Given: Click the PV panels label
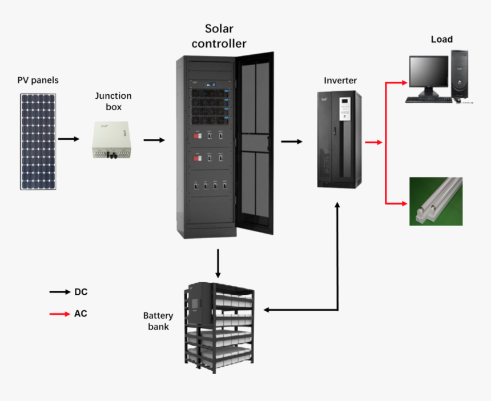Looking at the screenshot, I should click(38, 80).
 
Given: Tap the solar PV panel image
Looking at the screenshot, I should click(39, 141).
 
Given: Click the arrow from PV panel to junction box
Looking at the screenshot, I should click(69, 139).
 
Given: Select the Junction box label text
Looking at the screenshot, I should click(113, 101).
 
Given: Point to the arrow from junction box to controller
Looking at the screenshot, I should click(154, 139).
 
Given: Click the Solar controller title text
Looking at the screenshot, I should click(219, 36).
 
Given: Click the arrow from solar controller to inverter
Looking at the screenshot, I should click(292, 141).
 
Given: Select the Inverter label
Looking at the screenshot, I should click(340, 81).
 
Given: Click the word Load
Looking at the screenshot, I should click(441, 39).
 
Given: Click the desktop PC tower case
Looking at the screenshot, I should click(460, 74).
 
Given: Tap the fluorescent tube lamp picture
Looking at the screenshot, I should click(436, 201).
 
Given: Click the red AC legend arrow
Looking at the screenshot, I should click(59, 314).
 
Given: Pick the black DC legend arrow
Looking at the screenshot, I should click(59, 292).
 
